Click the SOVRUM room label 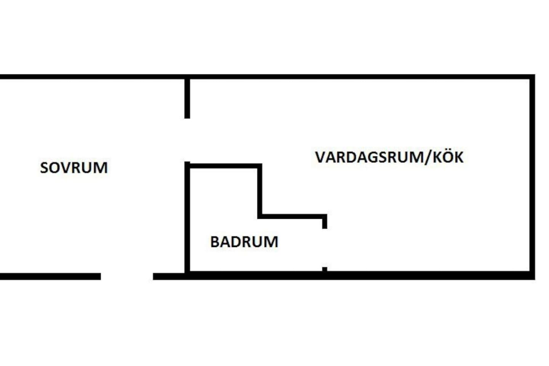point(74,168)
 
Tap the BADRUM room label point(244,242)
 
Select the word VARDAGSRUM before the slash point(369,157)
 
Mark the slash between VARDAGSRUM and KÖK point(429,157)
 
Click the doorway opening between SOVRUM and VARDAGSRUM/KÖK point(187,140)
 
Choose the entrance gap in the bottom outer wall point(127,276)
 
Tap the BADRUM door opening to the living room point(324,248)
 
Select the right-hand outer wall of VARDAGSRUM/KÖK point(532,177)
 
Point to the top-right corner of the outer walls point(532,77)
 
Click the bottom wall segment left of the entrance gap point(50,276)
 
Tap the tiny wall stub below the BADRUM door point(324,270)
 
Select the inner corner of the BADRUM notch point(260,216)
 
